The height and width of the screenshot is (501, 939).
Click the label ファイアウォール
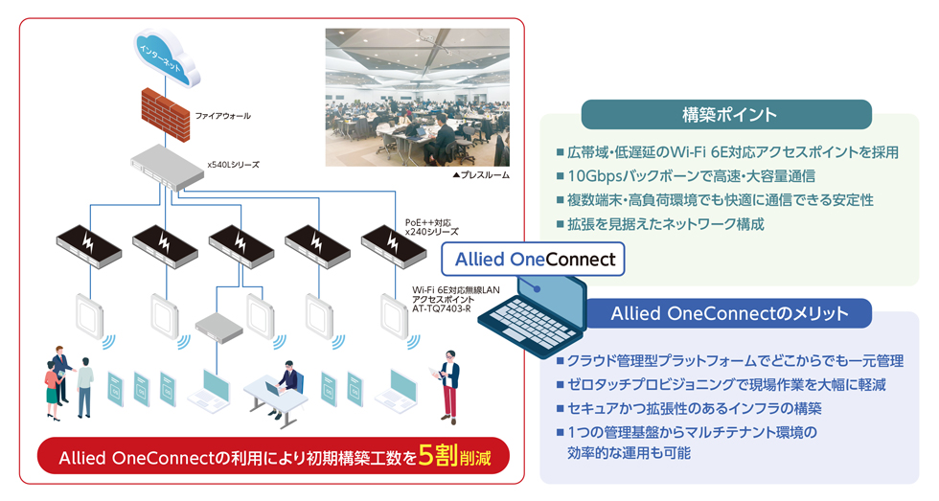222,116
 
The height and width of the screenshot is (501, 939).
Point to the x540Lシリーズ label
233,165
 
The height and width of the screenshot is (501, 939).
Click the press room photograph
417,96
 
